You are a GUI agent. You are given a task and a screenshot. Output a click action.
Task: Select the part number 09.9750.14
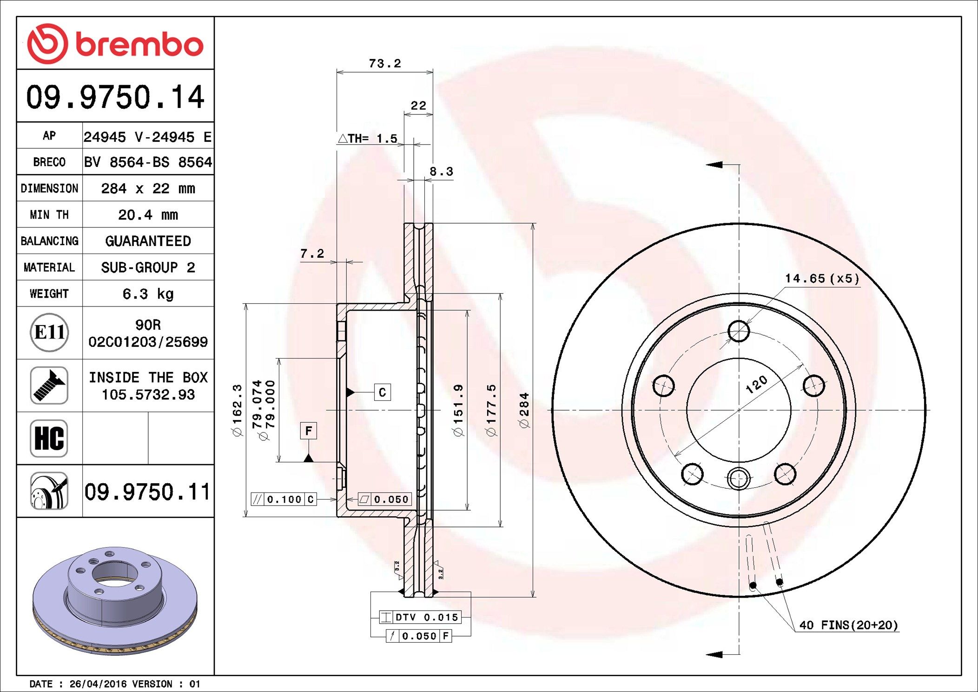coord(115,97)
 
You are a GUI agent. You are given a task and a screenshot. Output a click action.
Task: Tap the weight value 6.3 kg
coord(148,294)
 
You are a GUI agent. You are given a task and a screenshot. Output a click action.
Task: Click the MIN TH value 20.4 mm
coord(148,215)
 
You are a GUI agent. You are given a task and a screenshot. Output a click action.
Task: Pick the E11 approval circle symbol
coord(49,333)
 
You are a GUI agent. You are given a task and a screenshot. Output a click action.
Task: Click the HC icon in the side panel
coord(49,438)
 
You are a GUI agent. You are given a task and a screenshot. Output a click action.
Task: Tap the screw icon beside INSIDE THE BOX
coord(49,385)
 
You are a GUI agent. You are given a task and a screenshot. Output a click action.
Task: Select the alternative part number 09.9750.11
coord(147,492)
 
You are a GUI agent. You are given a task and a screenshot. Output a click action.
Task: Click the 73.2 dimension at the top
coord(384,63)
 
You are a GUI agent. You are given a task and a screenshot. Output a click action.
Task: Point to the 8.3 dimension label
coord(441,172)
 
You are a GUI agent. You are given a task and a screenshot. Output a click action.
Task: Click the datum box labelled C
coord(382,392)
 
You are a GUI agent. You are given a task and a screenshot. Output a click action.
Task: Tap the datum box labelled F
coord(308,431)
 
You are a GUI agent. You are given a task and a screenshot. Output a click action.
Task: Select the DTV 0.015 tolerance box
coord(420,617)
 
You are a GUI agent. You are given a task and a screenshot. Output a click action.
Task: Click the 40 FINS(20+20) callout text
coord(848,625)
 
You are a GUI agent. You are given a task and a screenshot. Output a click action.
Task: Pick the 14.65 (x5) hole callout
coord(822,279)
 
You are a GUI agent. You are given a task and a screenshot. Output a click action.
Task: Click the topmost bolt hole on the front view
coord(739,331)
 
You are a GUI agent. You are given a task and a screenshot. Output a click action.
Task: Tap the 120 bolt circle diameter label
coord(756,385)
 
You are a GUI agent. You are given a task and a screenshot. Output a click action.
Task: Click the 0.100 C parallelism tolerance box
coord(284,499)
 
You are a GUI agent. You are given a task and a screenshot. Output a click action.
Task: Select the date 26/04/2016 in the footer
coord(98,684)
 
